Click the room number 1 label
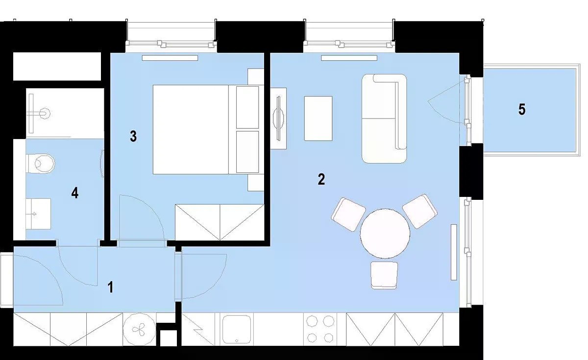[111, 287]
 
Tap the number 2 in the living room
[321, 179]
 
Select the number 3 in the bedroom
[133, 137]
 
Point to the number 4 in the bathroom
[75, 193]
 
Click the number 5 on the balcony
[522, 109]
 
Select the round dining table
[385, 234]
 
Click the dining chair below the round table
[384, 275]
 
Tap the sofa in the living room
[384, 119]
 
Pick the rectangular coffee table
[318, 119]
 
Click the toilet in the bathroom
[41, 164]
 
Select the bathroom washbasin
[38, 214]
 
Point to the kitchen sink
[237, 329]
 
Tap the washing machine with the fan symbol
[139, 329]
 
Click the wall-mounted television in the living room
[278, 119]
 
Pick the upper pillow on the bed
[247, 107]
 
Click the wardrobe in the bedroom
[220, 222]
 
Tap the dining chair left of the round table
[348, 215]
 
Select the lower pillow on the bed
[247, 152]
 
